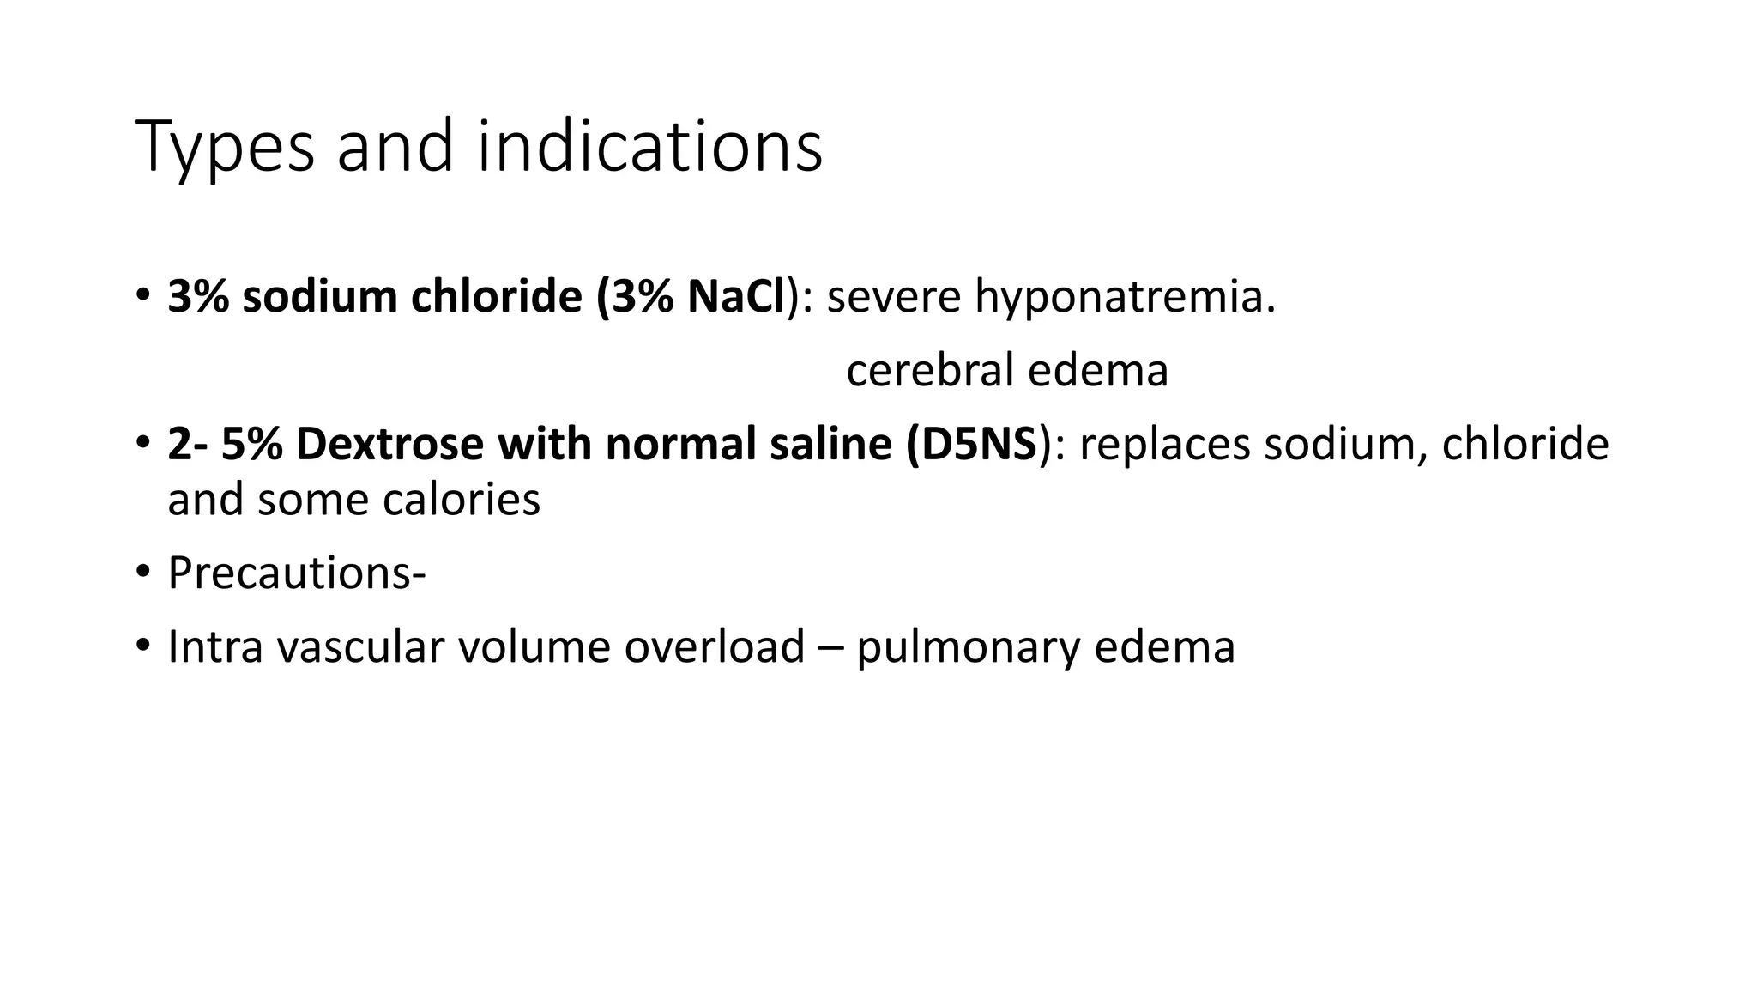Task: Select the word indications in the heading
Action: [649, 146]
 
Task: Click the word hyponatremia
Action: [1125, 299]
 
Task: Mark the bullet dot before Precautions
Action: [142, 571]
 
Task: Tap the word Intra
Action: [215, 646]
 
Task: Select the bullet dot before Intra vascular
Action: [142, 645]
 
